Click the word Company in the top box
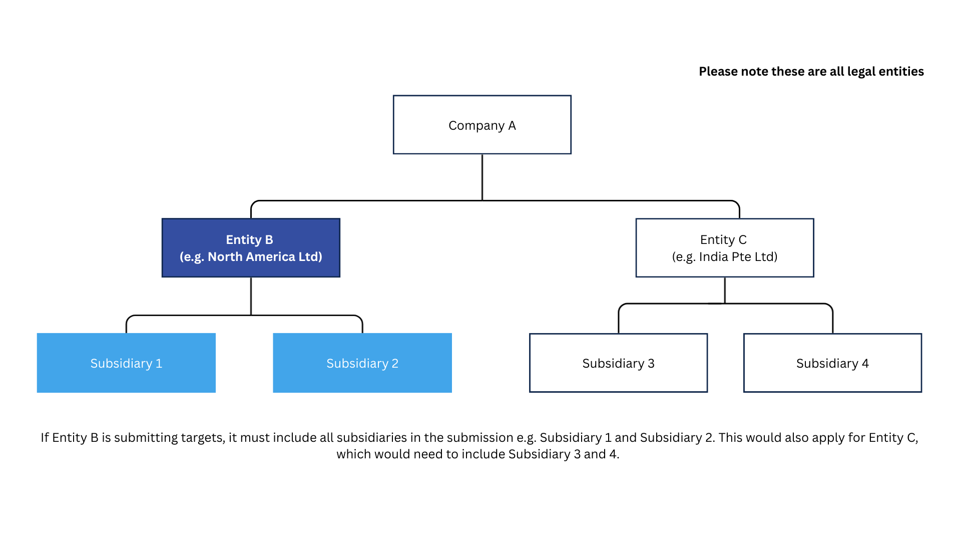476,126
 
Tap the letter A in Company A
512,125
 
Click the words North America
251,256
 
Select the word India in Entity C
714,256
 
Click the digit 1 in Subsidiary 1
159,363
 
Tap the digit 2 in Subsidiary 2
395,363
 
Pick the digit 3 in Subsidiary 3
651,363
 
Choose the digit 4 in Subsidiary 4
865,363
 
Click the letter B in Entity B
269,239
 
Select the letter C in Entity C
742,239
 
